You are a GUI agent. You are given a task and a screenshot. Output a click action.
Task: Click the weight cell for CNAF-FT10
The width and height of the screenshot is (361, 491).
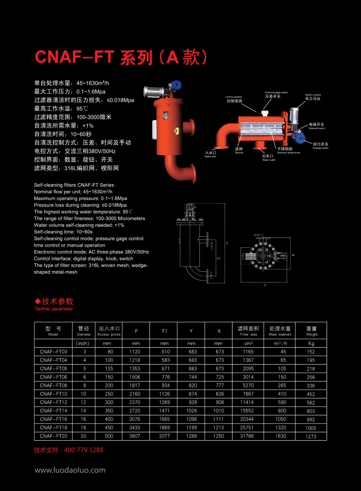point(311,394)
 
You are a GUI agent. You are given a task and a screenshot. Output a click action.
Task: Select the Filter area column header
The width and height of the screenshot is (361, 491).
point(248,331)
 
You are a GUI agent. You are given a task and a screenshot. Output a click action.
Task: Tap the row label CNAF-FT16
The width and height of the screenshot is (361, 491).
point(54,419)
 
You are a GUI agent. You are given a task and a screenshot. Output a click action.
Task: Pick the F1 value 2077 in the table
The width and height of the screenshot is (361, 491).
point(164,436)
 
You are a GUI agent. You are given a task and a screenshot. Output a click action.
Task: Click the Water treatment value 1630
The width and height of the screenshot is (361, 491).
point(281,436)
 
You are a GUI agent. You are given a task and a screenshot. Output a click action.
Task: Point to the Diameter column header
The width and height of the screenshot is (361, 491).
point(84,331)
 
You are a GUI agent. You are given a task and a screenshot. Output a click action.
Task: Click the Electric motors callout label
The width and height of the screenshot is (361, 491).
point(313,97)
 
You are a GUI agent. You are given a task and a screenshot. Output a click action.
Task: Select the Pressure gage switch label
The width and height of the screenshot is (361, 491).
point(276,95)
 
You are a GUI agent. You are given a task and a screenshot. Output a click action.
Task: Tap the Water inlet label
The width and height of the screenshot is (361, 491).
point(210,154)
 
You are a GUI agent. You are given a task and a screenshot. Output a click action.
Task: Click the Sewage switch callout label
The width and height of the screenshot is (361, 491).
point(321,146)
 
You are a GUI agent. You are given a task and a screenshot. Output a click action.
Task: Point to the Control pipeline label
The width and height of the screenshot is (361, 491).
point(234,99)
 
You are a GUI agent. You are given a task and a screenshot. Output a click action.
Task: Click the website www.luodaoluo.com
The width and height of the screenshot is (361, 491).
point(70,470)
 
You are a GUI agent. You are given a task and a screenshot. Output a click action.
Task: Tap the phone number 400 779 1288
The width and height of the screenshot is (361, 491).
point(84,450)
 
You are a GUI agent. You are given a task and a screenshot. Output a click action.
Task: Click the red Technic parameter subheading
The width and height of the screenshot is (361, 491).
point(54,309)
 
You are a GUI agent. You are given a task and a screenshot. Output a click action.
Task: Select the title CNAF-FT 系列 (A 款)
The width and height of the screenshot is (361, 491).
point(121,57)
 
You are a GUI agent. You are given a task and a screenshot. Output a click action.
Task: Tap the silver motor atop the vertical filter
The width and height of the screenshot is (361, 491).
point(153,92)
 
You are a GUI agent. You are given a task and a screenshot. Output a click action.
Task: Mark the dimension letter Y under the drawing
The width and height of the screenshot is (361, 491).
point(265,285)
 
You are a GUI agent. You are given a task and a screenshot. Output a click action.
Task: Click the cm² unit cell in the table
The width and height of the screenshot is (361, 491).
point(248,343)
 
